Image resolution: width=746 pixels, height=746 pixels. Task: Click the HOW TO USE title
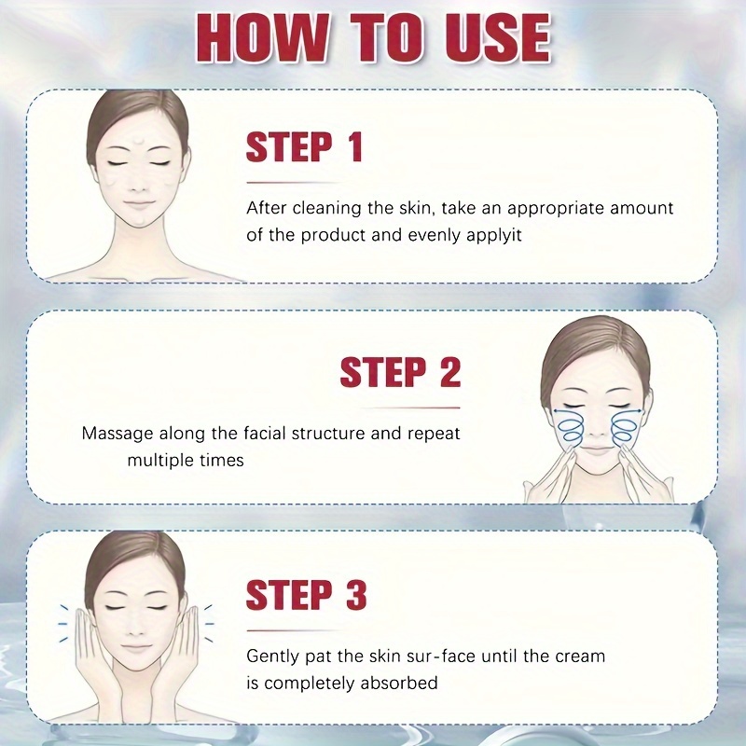pos(374,38)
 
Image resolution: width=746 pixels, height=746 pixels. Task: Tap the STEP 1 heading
pos(305,146)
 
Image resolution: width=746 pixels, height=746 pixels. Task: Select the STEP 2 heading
pos(400,371)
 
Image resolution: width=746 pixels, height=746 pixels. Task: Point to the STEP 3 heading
pos(306,594)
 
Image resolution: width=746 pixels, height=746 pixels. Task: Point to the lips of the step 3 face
pos(135,647)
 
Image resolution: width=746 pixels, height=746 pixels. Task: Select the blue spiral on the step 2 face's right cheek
pos(622,427)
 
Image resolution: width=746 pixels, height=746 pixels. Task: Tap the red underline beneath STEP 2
pos(409,408)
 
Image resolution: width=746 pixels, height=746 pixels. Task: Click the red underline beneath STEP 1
pos(294,183)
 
